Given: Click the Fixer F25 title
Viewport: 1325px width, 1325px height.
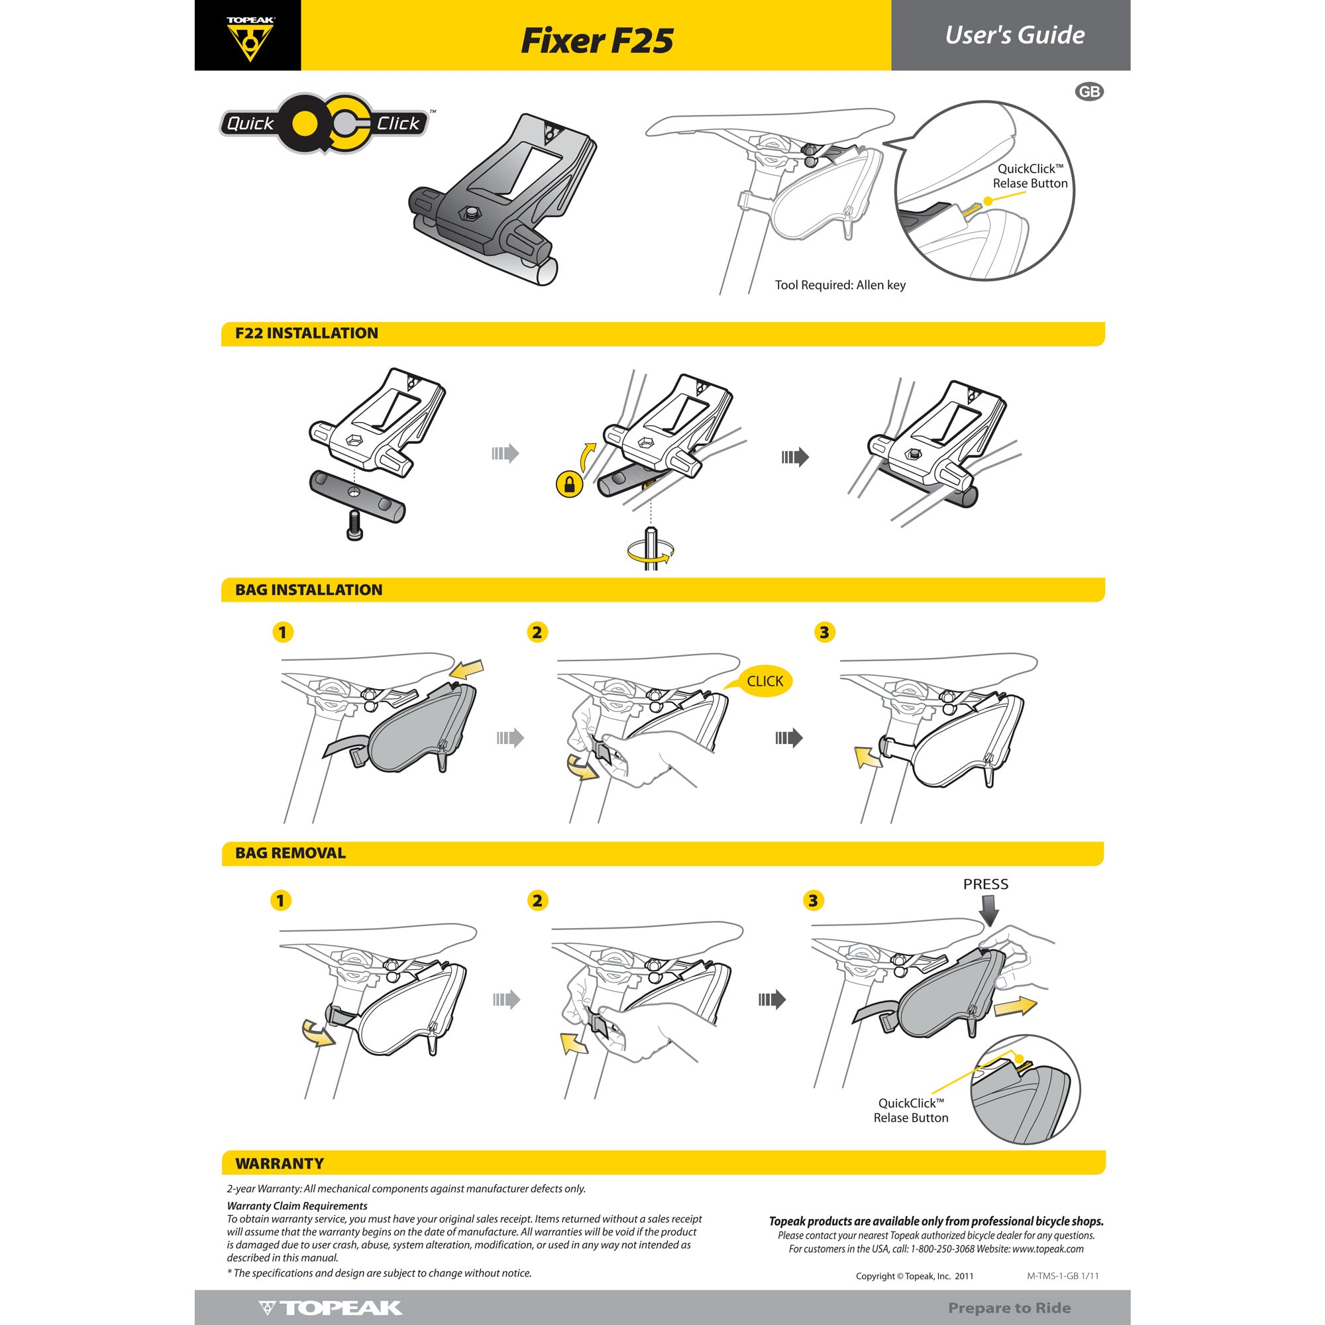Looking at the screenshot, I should (x=597, y=40).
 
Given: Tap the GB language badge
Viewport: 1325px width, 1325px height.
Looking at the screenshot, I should (x=1089, y=92).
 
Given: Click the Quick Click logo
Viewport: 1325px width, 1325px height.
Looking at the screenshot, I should (x=324, y=123).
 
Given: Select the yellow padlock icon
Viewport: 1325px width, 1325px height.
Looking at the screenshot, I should (x=568, y=484).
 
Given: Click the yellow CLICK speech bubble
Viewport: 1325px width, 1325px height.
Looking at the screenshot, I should (x=765, y=681).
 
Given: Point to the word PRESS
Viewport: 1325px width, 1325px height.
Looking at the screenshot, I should (x=986, y=884).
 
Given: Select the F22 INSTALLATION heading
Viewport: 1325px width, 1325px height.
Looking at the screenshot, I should (x=307, y=333).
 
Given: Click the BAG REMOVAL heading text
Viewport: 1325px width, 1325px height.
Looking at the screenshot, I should (x=290, y=853).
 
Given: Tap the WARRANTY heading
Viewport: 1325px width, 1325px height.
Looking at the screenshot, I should (x=279, y=1163).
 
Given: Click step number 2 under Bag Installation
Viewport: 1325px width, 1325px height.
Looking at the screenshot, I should (x=537, y=632).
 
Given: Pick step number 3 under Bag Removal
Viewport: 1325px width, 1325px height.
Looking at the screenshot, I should (x=813, y=900).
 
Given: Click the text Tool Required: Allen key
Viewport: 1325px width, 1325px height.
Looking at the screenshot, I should (x=840, y=286).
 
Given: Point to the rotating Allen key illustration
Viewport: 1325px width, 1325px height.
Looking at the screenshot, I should (x=649, y=549).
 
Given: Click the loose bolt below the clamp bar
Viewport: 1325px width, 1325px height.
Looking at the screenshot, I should (x=354, y=525).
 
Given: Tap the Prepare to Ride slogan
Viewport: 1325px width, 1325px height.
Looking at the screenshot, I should (x=1009, y=1308).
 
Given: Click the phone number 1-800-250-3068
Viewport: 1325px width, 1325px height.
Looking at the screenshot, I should (x=941, y=1249).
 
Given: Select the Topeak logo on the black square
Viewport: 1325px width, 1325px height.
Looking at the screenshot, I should (x=250, y=38).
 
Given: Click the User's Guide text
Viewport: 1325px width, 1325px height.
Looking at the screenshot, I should (x=1014, y=36).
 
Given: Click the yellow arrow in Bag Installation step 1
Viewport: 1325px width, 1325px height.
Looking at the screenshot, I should (x=469, y=668).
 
